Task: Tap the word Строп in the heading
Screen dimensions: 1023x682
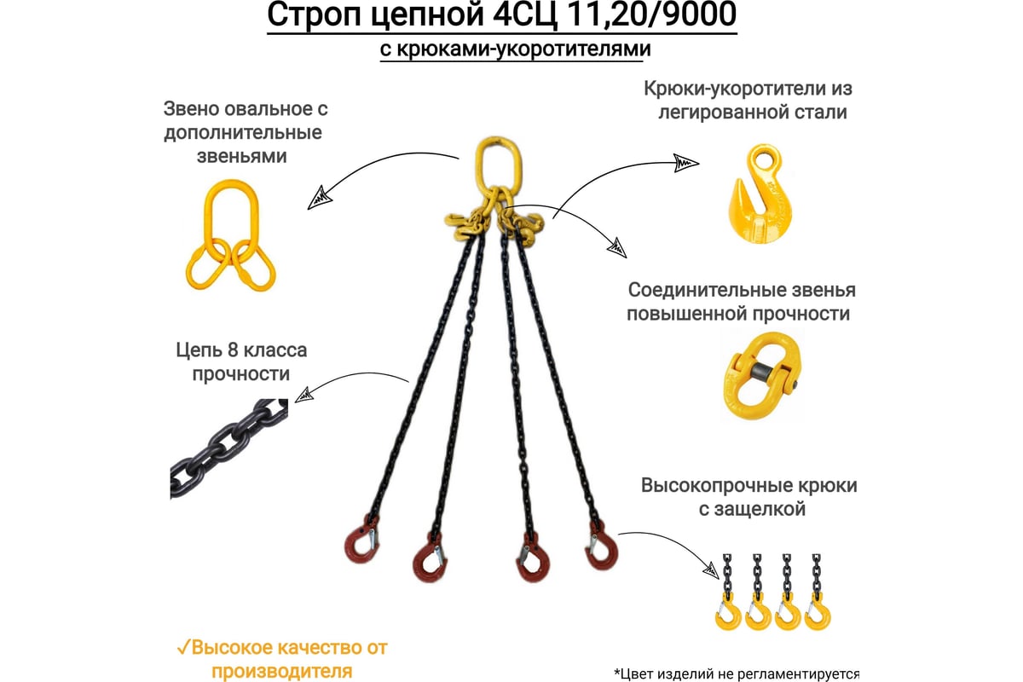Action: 315,15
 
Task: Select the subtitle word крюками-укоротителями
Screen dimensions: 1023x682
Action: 523,49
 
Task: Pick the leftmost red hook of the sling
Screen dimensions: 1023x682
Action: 361,541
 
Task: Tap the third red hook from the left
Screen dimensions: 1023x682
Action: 533,558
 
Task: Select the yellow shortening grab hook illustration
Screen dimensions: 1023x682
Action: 760,194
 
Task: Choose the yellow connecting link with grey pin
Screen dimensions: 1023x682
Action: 761,375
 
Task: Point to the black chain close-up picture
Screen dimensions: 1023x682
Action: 229,449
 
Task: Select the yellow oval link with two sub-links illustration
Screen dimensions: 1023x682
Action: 230,235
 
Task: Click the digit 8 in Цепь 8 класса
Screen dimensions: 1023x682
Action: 233,351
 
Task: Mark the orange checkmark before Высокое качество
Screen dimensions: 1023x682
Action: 183,647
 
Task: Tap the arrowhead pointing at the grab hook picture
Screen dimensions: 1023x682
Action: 686,163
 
